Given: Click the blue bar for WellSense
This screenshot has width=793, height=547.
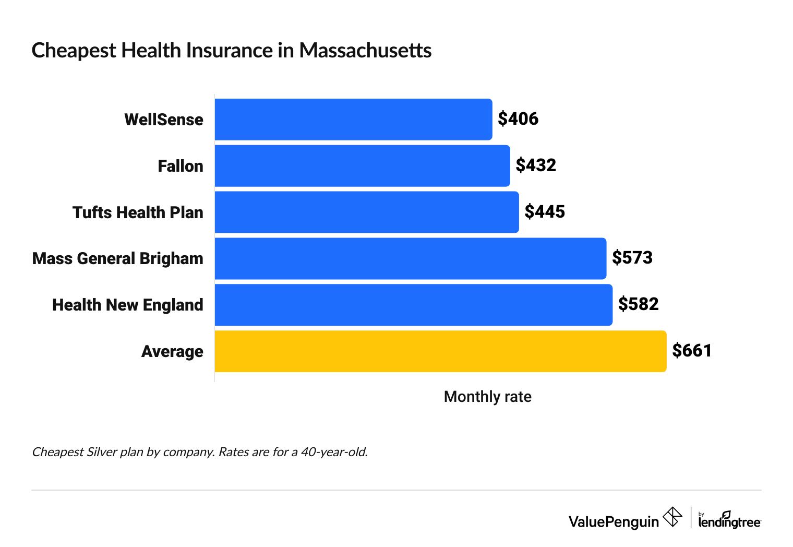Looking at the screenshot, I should (x=353, y=120).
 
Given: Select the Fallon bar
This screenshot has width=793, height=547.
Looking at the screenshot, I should (x=362, y=166).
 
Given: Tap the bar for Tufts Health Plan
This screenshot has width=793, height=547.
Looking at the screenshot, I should (x=366, y=212).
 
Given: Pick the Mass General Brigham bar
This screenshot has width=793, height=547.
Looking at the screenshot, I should (x=410, y=258).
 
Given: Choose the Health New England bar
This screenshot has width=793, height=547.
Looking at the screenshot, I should (x=413, y=305).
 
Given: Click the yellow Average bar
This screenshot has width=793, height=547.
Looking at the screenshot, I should (x=440, y=351).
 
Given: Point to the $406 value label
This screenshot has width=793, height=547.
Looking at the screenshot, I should (x=518, y=119).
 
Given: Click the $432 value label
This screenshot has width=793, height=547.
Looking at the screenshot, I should (x=536, y=165).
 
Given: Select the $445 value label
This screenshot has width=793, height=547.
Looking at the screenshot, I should (x=545, y=211).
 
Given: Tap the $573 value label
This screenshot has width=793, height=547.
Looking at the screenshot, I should (x=632, y=258).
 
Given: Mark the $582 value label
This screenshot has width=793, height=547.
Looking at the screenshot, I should (x=638, y=304).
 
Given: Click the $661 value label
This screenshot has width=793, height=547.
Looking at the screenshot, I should (x=692, y=350).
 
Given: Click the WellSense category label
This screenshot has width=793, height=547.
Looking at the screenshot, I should (x=164, y=120).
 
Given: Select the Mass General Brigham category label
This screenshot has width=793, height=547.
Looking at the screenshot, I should (x=117, y=258).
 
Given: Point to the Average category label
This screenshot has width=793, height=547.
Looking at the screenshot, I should (x=172, y=351).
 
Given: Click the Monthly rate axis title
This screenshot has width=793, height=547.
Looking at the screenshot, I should (x=487, y=397).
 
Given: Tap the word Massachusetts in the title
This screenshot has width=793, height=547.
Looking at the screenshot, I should (x=365, y=51).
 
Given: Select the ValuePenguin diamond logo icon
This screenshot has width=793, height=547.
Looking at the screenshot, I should (x=672, y=517).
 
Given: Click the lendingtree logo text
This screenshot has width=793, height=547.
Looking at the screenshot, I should (x=729, y=521).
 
